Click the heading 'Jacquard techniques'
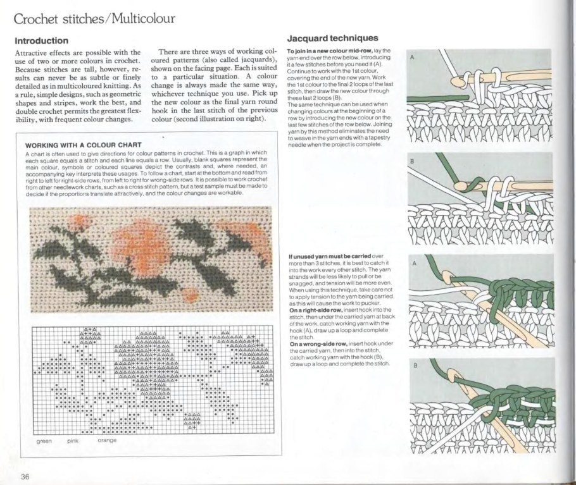332,38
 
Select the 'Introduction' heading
41,40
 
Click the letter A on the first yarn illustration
413,58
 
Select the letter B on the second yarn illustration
413,162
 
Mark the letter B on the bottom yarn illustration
415,365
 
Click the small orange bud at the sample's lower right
190,293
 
